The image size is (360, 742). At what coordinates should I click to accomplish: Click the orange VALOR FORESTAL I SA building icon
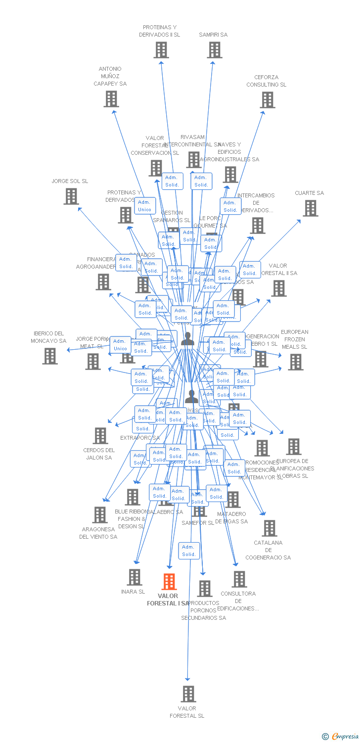[169, 582]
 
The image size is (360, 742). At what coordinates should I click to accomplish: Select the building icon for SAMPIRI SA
[214, 50]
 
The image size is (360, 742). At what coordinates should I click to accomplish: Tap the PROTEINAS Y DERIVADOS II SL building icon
[161, 50]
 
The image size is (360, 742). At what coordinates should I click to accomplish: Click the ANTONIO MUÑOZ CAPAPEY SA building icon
[111, 99]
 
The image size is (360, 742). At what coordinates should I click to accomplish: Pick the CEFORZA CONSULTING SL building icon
[268, 100]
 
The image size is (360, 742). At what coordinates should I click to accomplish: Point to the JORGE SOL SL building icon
[71, 196]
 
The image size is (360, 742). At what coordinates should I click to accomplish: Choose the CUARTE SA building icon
[311, 208]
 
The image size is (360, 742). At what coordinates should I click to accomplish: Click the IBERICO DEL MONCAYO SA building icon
[50, 356]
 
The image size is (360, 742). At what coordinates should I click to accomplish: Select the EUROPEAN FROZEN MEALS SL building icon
[296, 362]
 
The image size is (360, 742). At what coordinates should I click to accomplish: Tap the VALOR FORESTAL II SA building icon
[279, 288]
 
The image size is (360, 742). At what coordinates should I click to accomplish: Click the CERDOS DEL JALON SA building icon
[100, 436]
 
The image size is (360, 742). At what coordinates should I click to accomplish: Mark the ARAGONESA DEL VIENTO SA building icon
[100, 515]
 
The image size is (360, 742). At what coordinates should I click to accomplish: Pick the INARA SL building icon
[135, 577]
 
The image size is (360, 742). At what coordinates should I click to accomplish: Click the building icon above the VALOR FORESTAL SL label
[188, 694]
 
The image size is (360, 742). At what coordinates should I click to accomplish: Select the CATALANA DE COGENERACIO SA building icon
[270, 528]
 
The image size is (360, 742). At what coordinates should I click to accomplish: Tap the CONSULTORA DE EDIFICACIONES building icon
[239, 579]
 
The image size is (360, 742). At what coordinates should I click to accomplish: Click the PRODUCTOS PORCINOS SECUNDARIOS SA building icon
[204, 589]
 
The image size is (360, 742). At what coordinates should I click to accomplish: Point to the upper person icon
[187, 339]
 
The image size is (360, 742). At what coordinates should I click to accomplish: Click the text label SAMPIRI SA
[213, 35]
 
